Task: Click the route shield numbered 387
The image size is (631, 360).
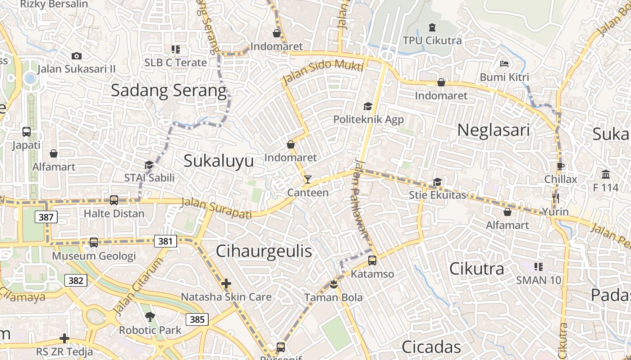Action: [x=46, y=217]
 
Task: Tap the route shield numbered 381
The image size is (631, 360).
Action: [x=165, y=241]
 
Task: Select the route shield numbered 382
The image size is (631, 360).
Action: [x=76, y=280]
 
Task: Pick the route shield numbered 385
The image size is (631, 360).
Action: [x=197, y=319]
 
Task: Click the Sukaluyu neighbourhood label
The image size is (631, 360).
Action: [x=219, y=161]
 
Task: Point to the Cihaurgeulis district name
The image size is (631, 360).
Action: [x=264, y=251]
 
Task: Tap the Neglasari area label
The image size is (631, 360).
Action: [x=493, y=130]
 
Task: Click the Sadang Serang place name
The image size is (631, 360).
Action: [x=169, y=91]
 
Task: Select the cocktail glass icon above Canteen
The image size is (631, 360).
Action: [x=307, y=180]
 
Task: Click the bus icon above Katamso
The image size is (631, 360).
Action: [x=372, y=260]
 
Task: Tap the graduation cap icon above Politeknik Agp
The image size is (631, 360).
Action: [x=368, y=106]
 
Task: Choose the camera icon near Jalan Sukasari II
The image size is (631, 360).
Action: [x=77, y=56]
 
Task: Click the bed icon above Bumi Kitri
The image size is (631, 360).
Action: [x=504, y=64]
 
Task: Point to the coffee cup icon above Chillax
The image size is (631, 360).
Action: [x=560, y=166]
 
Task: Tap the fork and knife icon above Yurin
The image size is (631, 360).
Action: [x=555, y=198]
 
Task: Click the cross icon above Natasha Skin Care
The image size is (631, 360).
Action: [x=226, y=283]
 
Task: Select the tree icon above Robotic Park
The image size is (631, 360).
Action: [x=150, y=317]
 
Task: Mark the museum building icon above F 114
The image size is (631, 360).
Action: [x=606, y=174]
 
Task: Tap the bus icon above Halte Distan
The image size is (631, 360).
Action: [x=114, y=200]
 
